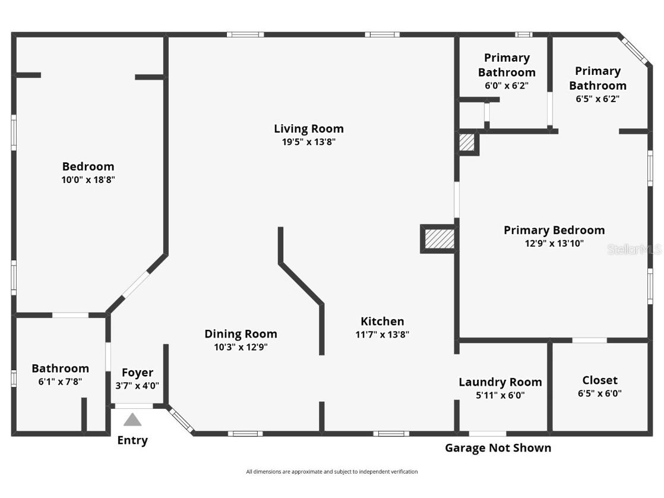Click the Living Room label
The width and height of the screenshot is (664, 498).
tap(308, 128)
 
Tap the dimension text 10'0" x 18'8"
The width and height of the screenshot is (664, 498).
tap(88, 179)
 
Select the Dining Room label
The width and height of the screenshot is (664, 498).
tap(241, 334)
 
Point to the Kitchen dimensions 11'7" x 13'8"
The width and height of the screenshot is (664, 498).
tap(382, 335)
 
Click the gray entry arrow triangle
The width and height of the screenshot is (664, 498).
tap(132, 420)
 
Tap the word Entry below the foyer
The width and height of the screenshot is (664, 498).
tap(132, 440)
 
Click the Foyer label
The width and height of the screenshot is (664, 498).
tap(137, 373)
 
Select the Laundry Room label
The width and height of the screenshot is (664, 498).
tap(500, 382)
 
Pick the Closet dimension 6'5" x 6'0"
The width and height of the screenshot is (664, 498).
tap(599, 393)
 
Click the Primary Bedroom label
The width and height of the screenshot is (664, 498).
tap(554, 230)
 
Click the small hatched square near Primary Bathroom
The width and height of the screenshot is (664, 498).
tap(467, 143)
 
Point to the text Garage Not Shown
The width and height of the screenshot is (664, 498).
tap(498, 448)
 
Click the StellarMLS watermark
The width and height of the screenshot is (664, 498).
tap(634, 249)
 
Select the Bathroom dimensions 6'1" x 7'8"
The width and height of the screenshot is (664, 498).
tap(60, 382)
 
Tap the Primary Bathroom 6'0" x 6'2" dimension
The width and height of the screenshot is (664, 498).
tap(506, 86)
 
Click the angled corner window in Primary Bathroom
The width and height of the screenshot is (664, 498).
tap(634, 50)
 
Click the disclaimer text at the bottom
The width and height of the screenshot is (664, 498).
tap(331, 472)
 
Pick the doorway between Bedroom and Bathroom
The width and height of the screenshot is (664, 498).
tap(70, 315)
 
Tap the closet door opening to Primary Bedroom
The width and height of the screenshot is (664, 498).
tap(589, 341)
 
